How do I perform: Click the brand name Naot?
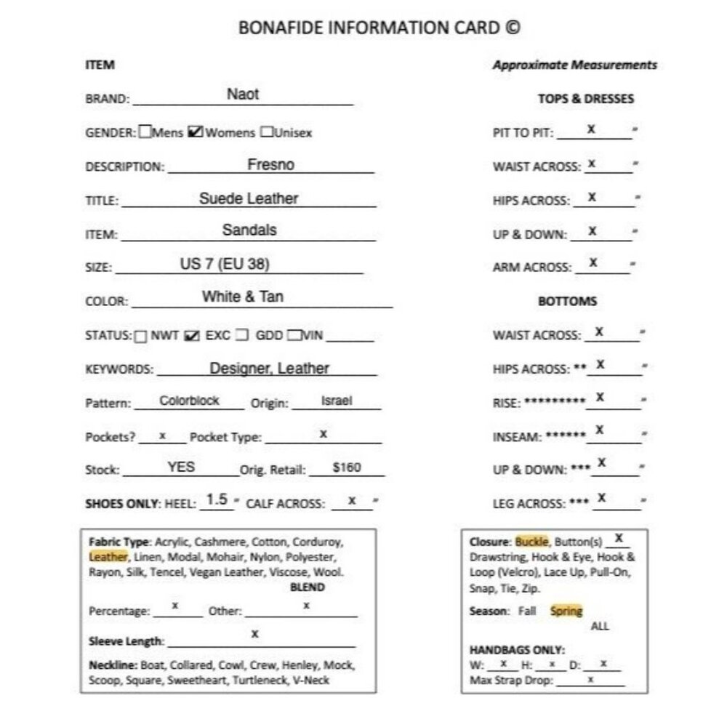(243, 95)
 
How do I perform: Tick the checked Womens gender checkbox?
(195, 132)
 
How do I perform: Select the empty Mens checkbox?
(145, 132)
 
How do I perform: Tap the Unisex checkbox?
(267, 132)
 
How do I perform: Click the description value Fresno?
(270, 164)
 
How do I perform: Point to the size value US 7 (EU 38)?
(225, 264)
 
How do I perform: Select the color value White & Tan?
(243, 297)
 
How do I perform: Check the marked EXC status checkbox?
(192, 336)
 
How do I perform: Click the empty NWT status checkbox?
(140, 336)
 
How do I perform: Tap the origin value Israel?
(336, 401)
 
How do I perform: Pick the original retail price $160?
(347, 467)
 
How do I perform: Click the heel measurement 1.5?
(217, 499)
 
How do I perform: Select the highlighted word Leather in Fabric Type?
(108, 557)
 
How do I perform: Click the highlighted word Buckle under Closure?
(532, 542)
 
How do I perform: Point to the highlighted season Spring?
(566, 611)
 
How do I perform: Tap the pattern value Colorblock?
(190, 401)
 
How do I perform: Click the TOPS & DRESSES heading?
(585, 99)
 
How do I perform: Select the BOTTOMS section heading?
(568, 301)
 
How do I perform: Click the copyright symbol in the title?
(513, 28)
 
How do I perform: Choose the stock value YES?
(181, 467)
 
